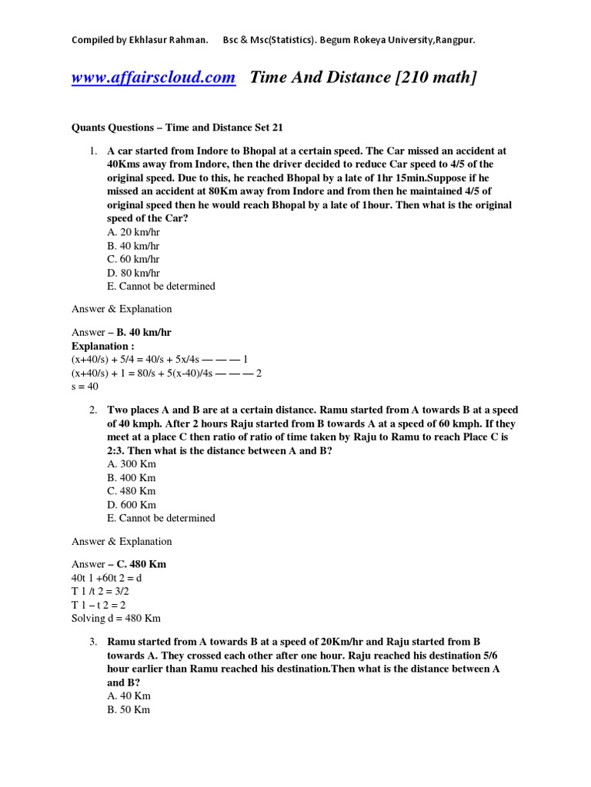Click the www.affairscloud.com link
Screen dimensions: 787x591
[x=153, y=78]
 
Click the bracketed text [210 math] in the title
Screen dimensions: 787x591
[x=435, y=78]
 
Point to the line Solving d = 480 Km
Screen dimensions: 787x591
[x=116, y=618]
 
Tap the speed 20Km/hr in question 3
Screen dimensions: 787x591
[x=343, y=642]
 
